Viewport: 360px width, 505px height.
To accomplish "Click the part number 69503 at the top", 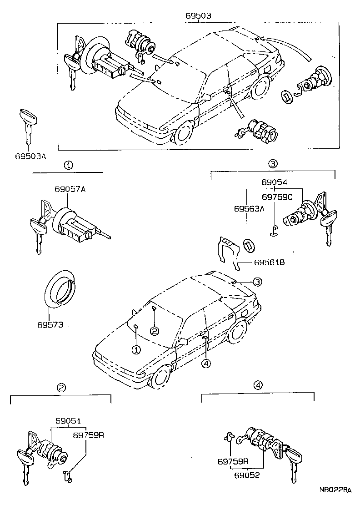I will pyautogui.click(x=198, y=15).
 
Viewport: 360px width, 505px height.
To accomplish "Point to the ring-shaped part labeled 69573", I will pyautogui.click(x=60, y=289).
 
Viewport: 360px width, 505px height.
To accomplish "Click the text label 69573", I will pyautogui.click(x=50, y=325).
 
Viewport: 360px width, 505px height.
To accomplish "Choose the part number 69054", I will pyautogui.click(x=274, y=182).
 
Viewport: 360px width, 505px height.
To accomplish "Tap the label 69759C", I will pyautogui.click(x=277, y=197).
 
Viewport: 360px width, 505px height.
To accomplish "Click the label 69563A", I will pyautogui.click(x=249, y=209).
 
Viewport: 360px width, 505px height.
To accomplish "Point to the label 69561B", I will pyautogui.click(x=270, y=263).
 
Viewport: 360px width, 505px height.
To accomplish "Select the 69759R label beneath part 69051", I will pyautogui.click(x=89, y=435).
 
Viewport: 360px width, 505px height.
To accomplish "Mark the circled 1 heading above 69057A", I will pyautogui.click(x=68, y=165).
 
